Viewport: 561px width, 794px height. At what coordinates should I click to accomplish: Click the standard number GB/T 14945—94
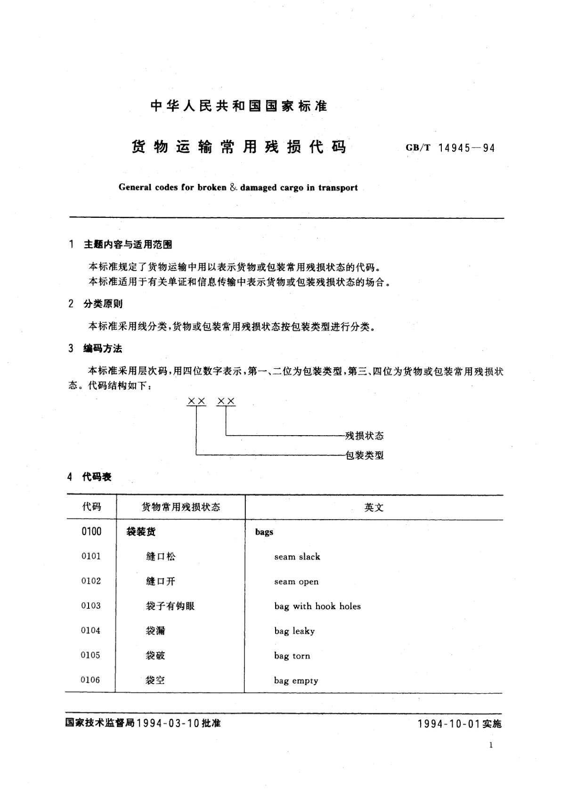[450, 148]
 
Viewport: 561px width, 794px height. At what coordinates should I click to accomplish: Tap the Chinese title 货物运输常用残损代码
[238, 147]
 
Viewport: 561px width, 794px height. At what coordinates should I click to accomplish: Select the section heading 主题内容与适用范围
[128, 244]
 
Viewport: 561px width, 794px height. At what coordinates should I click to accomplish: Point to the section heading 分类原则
[103, 304]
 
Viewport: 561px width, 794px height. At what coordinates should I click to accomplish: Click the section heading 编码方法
[103, 348]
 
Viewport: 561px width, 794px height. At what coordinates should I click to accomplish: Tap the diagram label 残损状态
[365, 436]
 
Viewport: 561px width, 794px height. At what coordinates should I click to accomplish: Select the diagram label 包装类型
[365, 455]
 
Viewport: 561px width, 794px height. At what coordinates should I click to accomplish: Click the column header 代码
[91, 507]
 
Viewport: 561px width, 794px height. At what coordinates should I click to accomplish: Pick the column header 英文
[374, 507]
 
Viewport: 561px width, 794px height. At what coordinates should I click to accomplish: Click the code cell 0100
[91, 531]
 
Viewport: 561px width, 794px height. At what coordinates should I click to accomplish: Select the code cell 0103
[91, 606]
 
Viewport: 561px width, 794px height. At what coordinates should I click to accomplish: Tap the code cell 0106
[91, 680]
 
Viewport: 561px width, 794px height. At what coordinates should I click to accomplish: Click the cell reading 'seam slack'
[297, 557]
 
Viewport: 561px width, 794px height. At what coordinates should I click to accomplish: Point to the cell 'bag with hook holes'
[317, 606]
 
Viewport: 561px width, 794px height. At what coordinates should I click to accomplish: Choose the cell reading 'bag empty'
[296, 680]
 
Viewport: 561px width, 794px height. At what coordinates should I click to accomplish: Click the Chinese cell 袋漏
[155, 631]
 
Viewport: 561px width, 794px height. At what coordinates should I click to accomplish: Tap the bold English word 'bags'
[264, 532]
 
